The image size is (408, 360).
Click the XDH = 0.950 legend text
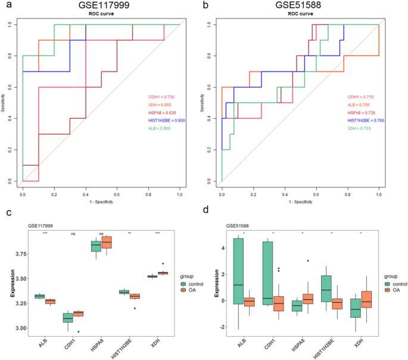coord(161,104)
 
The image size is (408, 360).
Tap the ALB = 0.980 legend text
coord(161,128)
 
